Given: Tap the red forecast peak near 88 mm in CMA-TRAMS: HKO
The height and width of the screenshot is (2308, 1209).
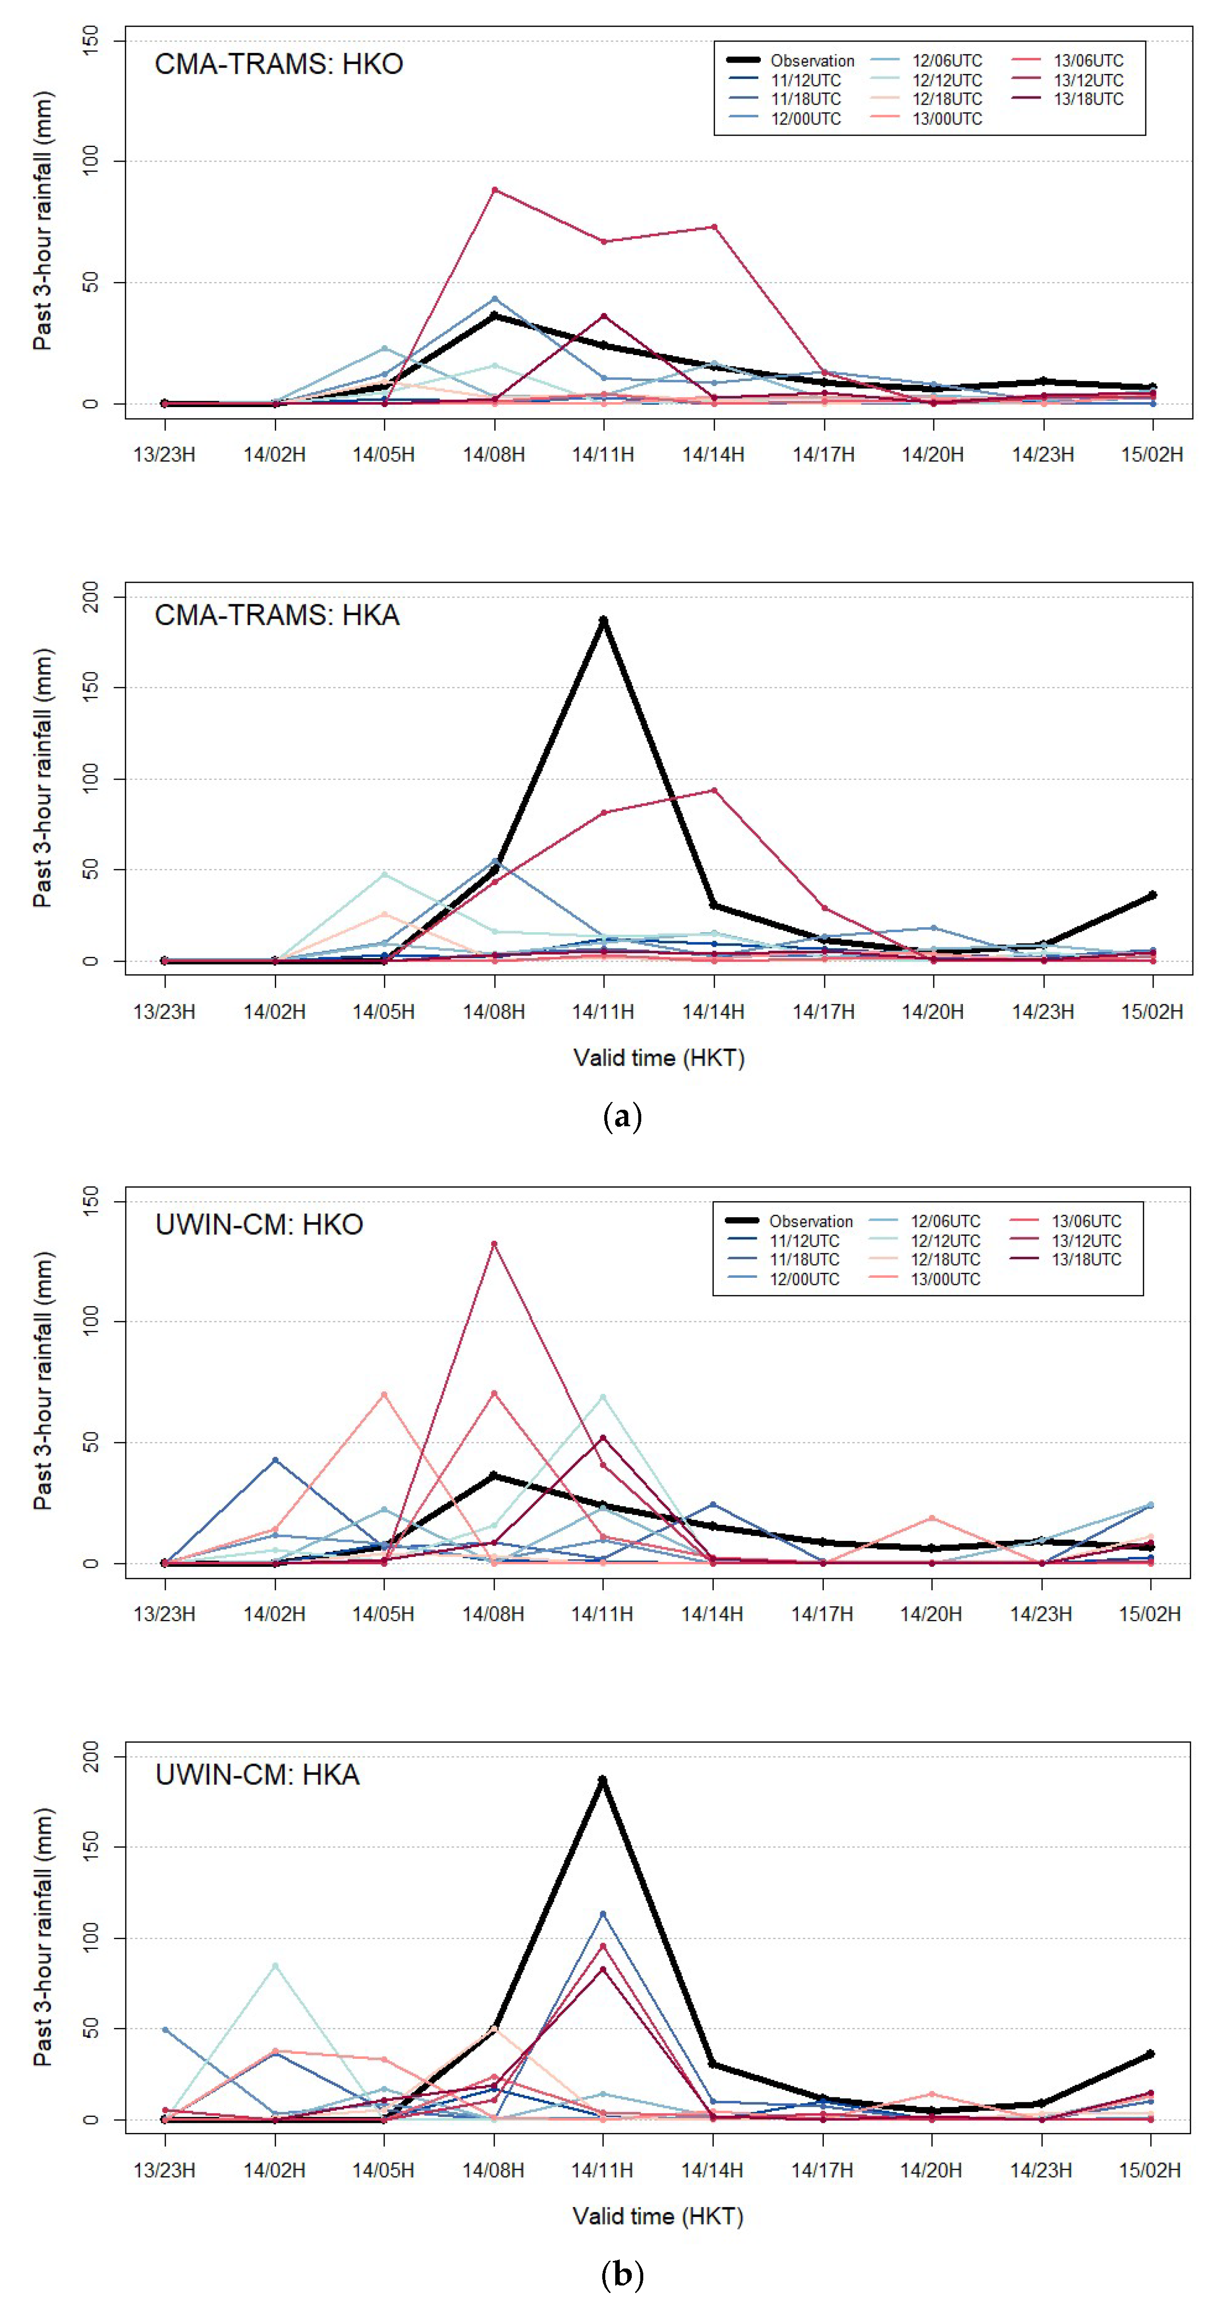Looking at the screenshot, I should [494, 190].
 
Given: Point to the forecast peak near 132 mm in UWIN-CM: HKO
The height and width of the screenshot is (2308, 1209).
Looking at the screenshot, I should [494, 1244].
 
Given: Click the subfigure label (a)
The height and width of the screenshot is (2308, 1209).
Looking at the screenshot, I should [622, 1117].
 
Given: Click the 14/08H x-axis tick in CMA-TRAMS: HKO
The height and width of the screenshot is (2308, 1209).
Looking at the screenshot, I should [494, 454].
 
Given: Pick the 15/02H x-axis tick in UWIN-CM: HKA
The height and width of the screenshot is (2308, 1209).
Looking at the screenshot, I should [1150, 2170].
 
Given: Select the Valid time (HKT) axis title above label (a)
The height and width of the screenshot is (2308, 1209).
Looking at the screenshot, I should [659, 1058].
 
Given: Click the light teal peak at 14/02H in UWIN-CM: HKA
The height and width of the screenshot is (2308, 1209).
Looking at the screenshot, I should [275, 1966].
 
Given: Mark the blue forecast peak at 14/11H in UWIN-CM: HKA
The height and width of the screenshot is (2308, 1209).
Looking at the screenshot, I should [603, 1914].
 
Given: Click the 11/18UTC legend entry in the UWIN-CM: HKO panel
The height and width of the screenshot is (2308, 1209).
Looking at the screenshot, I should [804, 1259].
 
